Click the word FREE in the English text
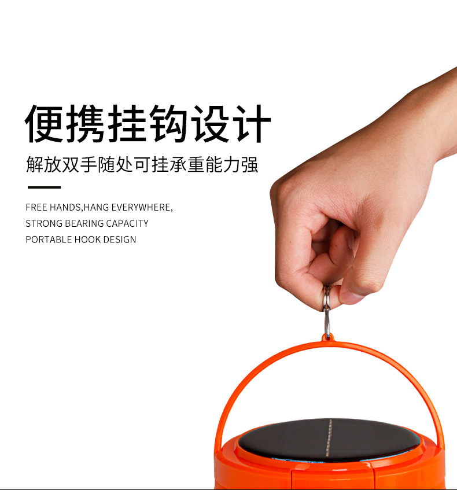coord(36,207)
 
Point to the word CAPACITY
coord(127,223)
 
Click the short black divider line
coord(44,187)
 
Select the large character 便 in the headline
coord(44,123)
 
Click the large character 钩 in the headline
coord(168,123)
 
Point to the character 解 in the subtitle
coord(34,164)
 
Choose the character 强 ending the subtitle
coord(250,164)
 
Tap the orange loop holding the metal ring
coord(327,337)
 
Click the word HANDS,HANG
coord(79,208)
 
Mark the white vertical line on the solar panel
coord(329,438)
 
